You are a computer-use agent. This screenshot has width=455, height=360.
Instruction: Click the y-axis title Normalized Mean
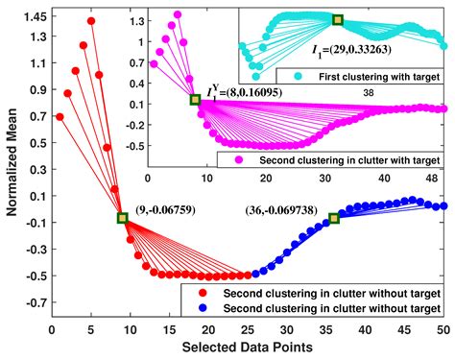12,163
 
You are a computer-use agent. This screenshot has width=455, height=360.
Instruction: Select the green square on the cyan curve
337,19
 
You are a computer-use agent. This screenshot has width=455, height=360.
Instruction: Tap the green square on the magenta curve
195,100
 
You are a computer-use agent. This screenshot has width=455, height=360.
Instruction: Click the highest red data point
91,20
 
